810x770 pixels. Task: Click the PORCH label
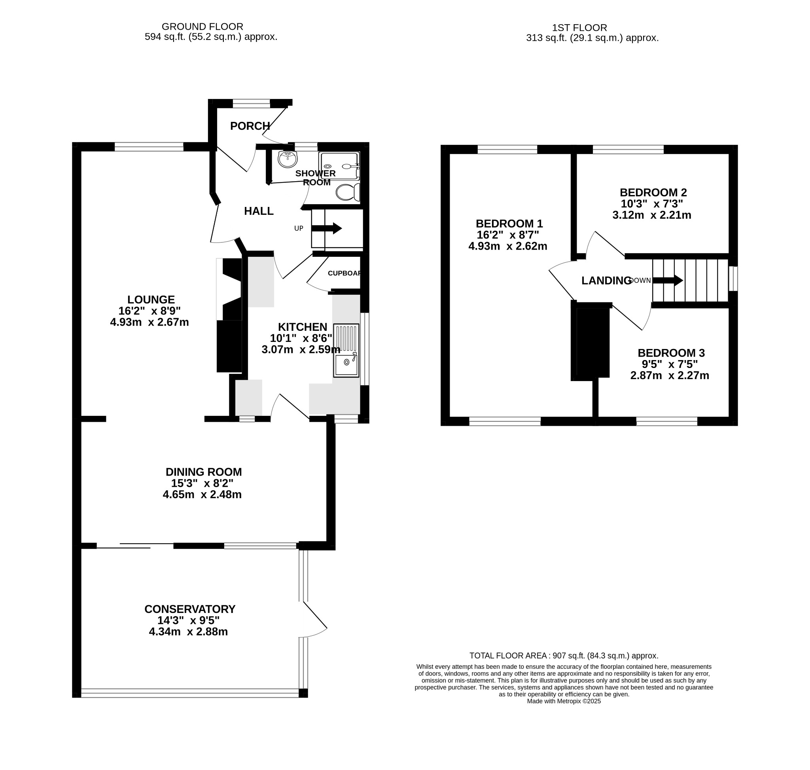[x=250, y=126]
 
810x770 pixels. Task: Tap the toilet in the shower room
[x=348, y=192]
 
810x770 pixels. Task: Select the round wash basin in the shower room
[x=288, y=159]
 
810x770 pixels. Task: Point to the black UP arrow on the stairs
[x=327, y=228]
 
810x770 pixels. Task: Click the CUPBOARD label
[x=344, y=273]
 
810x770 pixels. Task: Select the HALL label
[x=259, y=211]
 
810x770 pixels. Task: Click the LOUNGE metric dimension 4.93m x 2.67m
[x=150, y=322]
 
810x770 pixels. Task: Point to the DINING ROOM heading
[x=204, y=472]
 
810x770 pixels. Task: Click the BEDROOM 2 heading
[x=653, y=192]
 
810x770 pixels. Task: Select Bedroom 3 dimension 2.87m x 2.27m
[x=669, y=375]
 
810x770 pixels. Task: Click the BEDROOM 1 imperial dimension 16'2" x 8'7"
[x=507, y=235]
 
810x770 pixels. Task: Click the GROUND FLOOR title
[x=202, y=27]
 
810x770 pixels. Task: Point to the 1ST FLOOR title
[x=579, y=28]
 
